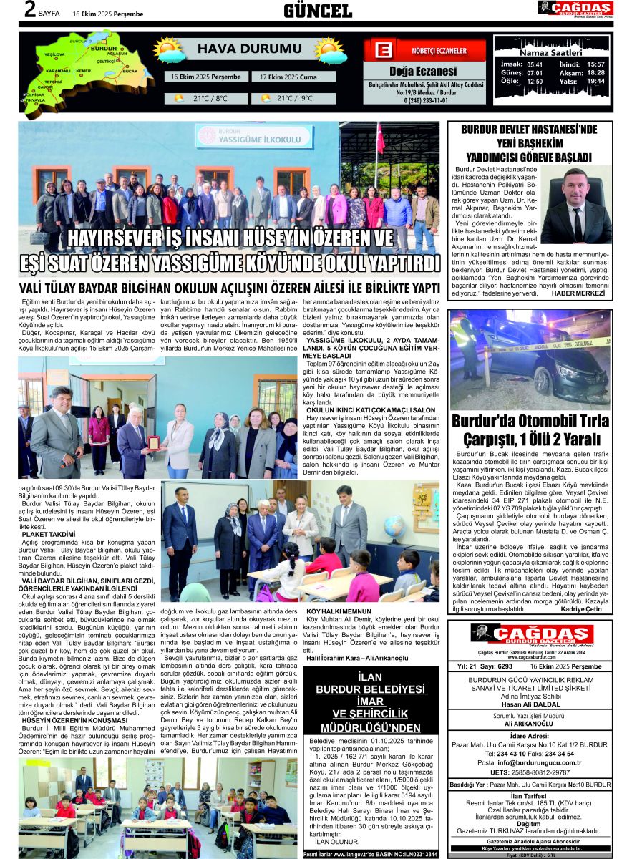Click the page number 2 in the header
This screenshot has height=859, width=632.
(29, 10)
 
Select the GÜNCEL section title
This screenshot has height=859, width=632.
(318, 11)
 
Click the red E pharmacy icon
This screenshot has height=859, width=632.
(383, 51)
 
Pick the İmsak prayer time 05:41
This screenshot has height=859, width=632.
(535, 64)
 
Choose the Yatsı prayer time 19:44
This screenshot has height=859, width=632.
(595, 82)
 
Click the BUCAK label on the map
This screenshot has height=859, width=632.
(130, 72)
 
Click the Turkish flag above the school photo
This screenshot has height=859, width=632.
(381, 138)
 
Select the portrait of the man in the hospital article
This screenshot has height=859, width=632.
(576, 207)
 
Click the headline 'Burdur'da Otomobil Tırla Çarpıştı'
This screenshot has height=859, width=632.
(530, 429)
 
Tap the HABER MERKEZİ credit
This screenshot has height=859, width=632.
(584, 293)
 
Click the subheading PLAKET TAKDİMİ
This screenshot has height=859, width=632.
(48, 534)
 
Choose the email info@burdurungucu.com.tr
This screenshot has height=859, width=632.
(535, 762)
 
